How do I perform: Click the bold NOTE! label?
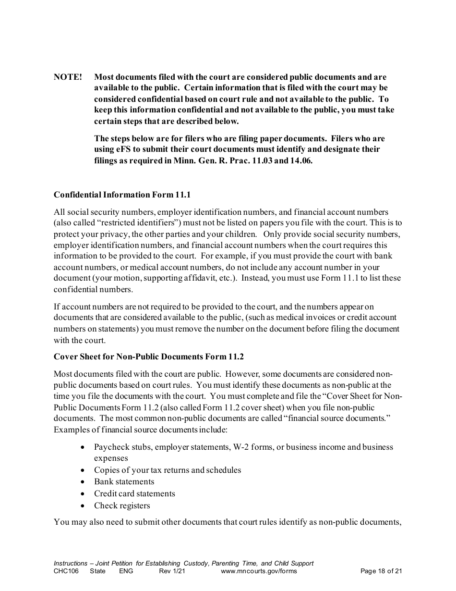(x=68, y=77)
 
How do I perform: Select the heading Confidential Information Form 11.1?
(x=122, y=195)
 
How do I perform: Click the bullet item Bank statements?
(x=124, y=482)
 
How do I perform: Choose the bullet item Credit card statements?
(x=134, y=494)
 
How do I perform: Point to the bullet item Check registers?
(x=122, y=505)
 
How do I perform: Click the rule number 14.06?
(x=301, y=161)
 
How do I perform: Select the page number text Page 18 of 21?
(x=381, y=571)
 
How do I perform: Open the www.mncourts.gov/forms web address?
(x=259, y=571)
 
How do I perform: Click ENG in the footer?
(x=126, y=571)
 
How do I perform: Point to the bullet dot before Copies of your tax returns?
(x=84, y=470)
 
